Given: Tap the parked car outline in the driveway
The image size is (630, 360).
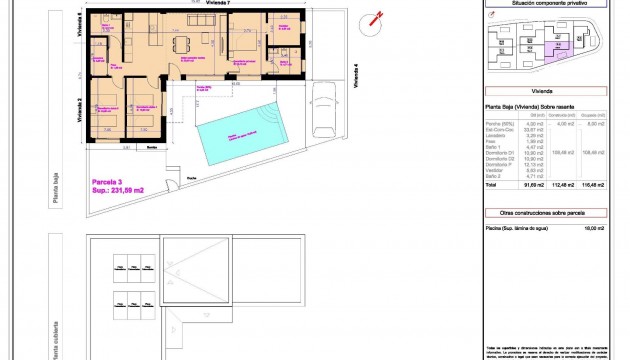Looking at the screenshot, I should tap(326, 109).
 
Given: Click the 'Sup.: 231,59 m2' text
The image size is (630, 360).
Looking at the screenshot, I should tap(118, 190).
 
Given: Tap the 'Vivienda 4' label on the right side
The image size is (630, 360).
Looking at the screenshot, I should tap(357, 76).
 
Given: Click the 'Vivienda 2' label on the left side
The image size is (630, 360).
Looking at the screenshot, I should tap(78, 107).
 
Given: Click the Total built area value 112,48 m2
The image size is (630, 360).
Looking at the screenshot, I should tap(565, 186).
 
